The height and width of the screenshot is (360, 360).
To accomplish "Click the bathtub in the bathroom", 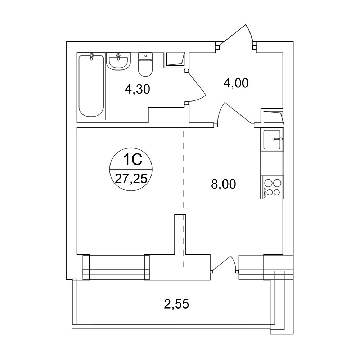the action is [x=91, y=86].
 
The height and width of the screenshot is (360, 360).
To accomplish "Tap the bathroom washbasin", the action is [x=118, y=61].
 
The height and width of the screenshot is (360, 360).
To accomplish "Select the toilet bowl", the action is [x=145, y=65].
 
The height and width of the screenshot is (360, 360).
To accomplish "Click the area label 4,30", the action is [x=137, y=89].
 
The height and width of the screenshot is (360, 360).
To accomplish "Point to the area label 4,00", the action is [x=236, y=83].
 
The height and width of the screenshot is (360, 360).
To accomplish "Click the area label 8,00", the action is [x=224, y=184].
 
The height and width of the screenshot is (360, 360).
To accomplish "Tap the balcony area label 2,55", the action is [x=176, y=304].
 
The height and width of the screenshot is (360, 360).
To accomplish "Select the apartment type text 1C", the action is [x=133, y=160].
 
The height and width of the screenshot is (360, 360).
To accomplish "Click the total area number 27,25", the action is [x=131, y=179].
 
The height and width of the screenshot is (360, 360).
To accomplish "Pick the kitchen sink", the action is [x=272, y=140].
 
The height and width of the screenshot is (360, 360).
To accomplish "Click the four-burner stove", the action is [x=272, y=187].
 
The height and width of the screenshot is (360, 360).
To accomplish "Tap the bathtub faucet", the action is [x=92, y=57].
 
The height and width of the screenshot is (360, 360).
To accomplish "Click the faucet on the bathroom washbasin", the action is [x=118, y=57].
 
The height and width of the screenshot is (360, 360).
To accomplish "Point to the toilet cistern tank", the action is [x=145, y=57].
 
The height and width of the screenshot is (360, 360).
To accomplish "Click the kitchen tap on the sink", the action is [x=278, y=139].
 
